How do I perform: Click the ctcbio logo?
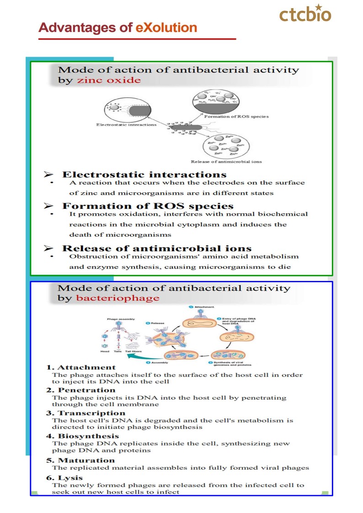click(x=305, y=14)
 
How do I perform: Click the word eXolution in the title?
click(x=166, y=28)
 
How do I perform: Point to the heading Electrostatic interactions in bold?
click(x=144, y=175)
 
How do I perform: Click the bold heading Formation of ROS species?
click(x=148, y=206)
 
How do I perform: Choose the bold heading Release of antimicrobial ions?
click(x=157, y=249)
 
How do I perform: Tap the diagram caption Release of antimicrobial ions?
click(x=226, y=162)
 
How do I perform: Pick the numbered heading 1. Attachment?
click(x=81, y=367)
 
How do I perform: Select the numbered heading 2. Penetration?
click(x=81, y=390)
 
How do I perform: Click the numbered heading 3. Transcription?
click(x=85, y=413)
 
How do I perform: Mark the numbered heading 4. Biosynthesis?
click(x=82, y=436)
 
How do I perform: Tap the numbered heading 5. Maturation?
click(x=80, y=460)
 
